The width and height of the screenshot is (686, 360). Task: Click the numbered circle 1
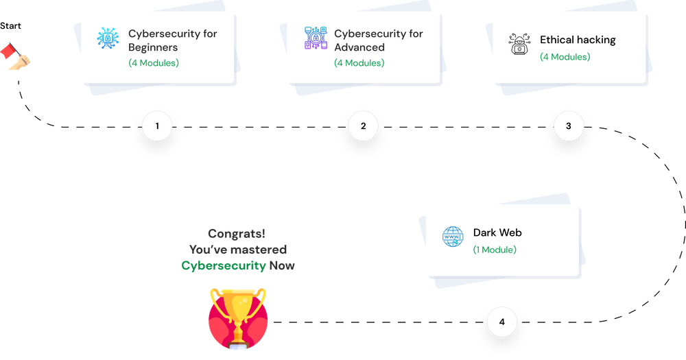click(x=158, y=127)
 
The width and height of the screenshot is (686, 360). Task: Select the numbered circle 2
click(x=363, y=127)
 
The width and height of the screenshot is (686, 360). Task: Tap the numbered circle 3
click(x=569, y=127)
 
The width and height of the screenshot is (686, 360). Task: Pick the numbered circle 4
click(x=502, y=322)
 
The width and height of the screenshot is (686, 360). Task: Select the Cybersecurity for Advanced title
click(x=378, y=40)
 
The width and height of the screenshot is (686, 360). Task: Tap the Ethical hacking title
click(x=578, y=40)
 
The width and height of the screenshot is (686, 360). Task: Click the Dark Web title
click(x=497, y=232)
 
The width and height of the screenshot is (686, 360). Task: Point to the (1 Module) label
click(x=495, y=250)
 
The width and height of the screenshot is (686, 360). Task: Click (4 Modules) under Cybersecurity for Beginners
click(x=153, y=63)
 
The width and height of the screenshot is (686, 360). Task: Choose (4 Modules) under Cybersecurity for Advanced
click(x=359, y=63)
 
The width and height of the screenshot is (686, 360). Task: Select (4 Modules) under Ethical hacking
click(x=565, y=57)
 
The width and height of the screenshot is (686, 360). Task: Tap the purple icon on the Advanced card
click(x=316, y=38)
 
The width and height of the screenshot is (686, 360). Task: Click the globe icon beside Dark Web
click(x=453, y=237)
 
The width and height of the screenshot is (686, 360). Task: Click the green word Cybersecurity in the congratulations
click(x=224, y=265)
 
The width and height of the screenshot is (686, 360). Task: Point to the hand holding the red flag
click(x=17, y=58)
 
